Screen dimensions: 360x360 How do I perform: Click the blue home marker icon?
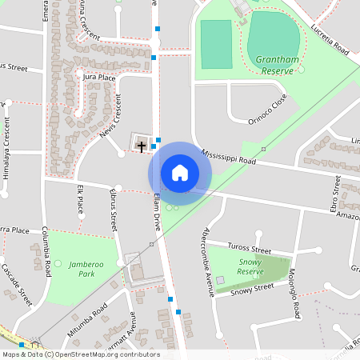[x=180, y=173]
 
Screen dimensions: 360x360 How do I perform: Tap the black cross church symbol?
[x=142, y=146]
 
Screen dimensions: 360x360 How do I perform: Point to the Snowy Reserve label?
[x=250, y=266]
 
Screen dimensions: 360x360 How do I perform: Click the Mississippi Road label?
[x=229, y=156]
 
